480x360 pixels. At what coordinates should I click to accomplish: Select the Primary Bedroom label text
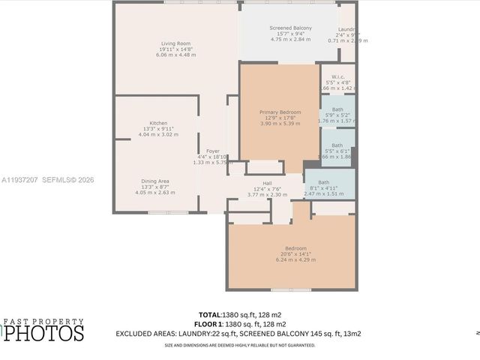point(279,112)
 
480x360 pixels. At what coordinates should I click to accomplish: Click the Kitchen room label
point(158,123)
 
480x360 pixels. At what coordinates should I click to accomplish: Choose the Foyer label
point(212,151)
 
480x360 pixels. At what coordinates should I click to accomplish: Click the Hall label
point(267,183)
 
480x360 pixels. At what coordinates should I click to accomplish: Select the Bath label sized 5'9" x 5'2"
point(337,109)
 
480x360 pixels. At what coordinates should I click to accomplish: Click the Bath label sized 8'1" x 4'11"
point(323,182)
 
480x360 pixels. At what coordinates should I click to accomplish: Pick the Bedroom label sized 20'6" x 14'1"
point(295,248)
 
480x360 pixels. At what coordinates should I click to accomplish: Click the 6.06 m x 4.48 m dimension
point(175,55)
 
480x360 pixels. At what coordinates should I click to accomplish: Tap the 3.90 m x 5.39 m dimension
point(279,124)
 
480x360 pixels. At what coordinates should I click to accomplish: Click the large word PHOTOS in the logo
point(45,332)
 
